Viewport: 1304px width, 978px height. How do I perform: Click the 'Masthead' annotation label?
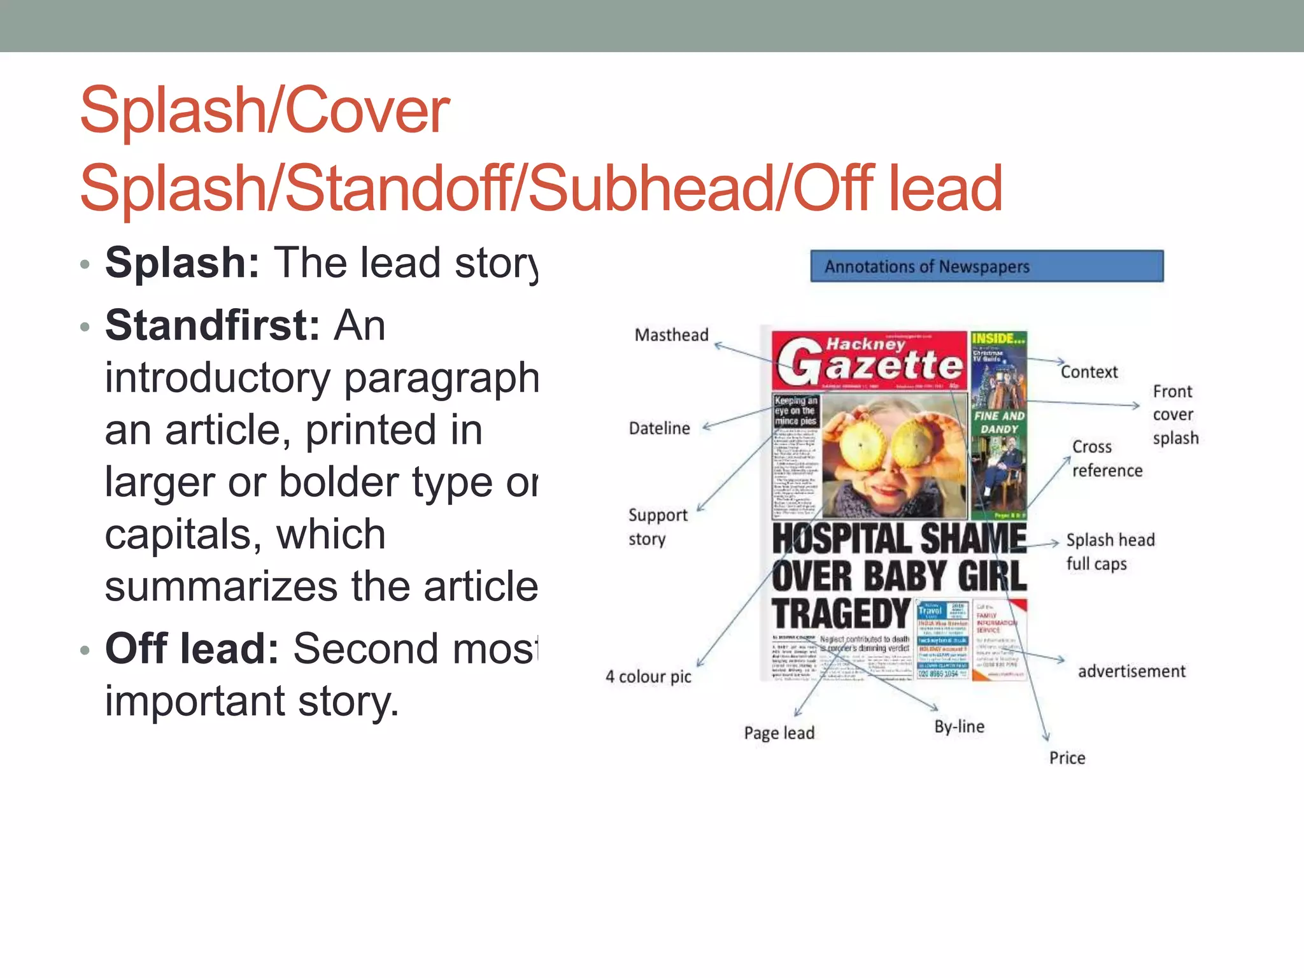(x=671, y=335)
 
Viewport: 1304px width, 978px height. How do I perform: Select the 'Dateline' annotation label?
(x=659, y=429)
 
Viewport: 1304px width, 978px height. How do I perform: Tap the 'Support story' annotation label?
(x=657, y=527)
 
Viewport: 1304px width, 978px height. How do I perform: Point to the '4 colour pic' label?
(x=648, y=676)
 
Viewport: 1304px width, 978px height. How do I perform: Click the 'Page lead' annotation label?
(x=779, y=733)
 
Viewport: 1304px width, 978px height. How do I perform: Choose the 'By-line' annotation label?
(x=959, y=726)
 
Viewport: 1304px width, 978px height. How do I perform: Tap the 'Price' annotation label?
(x=1067, y=758)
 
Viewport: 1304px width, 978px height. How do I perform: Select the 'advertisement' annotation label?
(x=1131, y=671)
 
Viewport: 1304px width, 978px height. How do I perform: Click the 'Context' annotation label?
(x=1089, y=372)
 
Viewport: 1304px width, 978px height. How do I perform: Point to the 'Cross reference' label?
(x=1107, y=458)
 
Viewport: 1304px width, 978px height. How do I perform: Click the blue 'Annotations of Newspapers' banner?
(x=986, y=266)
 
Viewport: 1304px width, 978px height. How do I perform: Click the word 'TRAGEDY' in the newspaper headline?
(x=840, y=614)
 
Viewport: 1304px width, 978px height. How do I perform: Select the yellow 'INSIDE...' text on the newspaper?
(x=998, y=339)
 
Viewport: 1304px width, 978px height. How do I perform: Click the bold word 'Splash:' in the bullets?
(x=182, y=262)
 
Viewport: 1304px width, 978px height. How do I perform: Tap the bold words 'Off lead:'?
(x=192, y=648)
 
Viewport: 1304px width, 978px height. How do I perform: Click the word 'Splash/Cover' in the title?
(x=265, y=111)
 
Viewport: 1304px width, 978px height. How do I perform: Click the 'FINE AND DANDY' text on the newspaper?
(x=999, y=422)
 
